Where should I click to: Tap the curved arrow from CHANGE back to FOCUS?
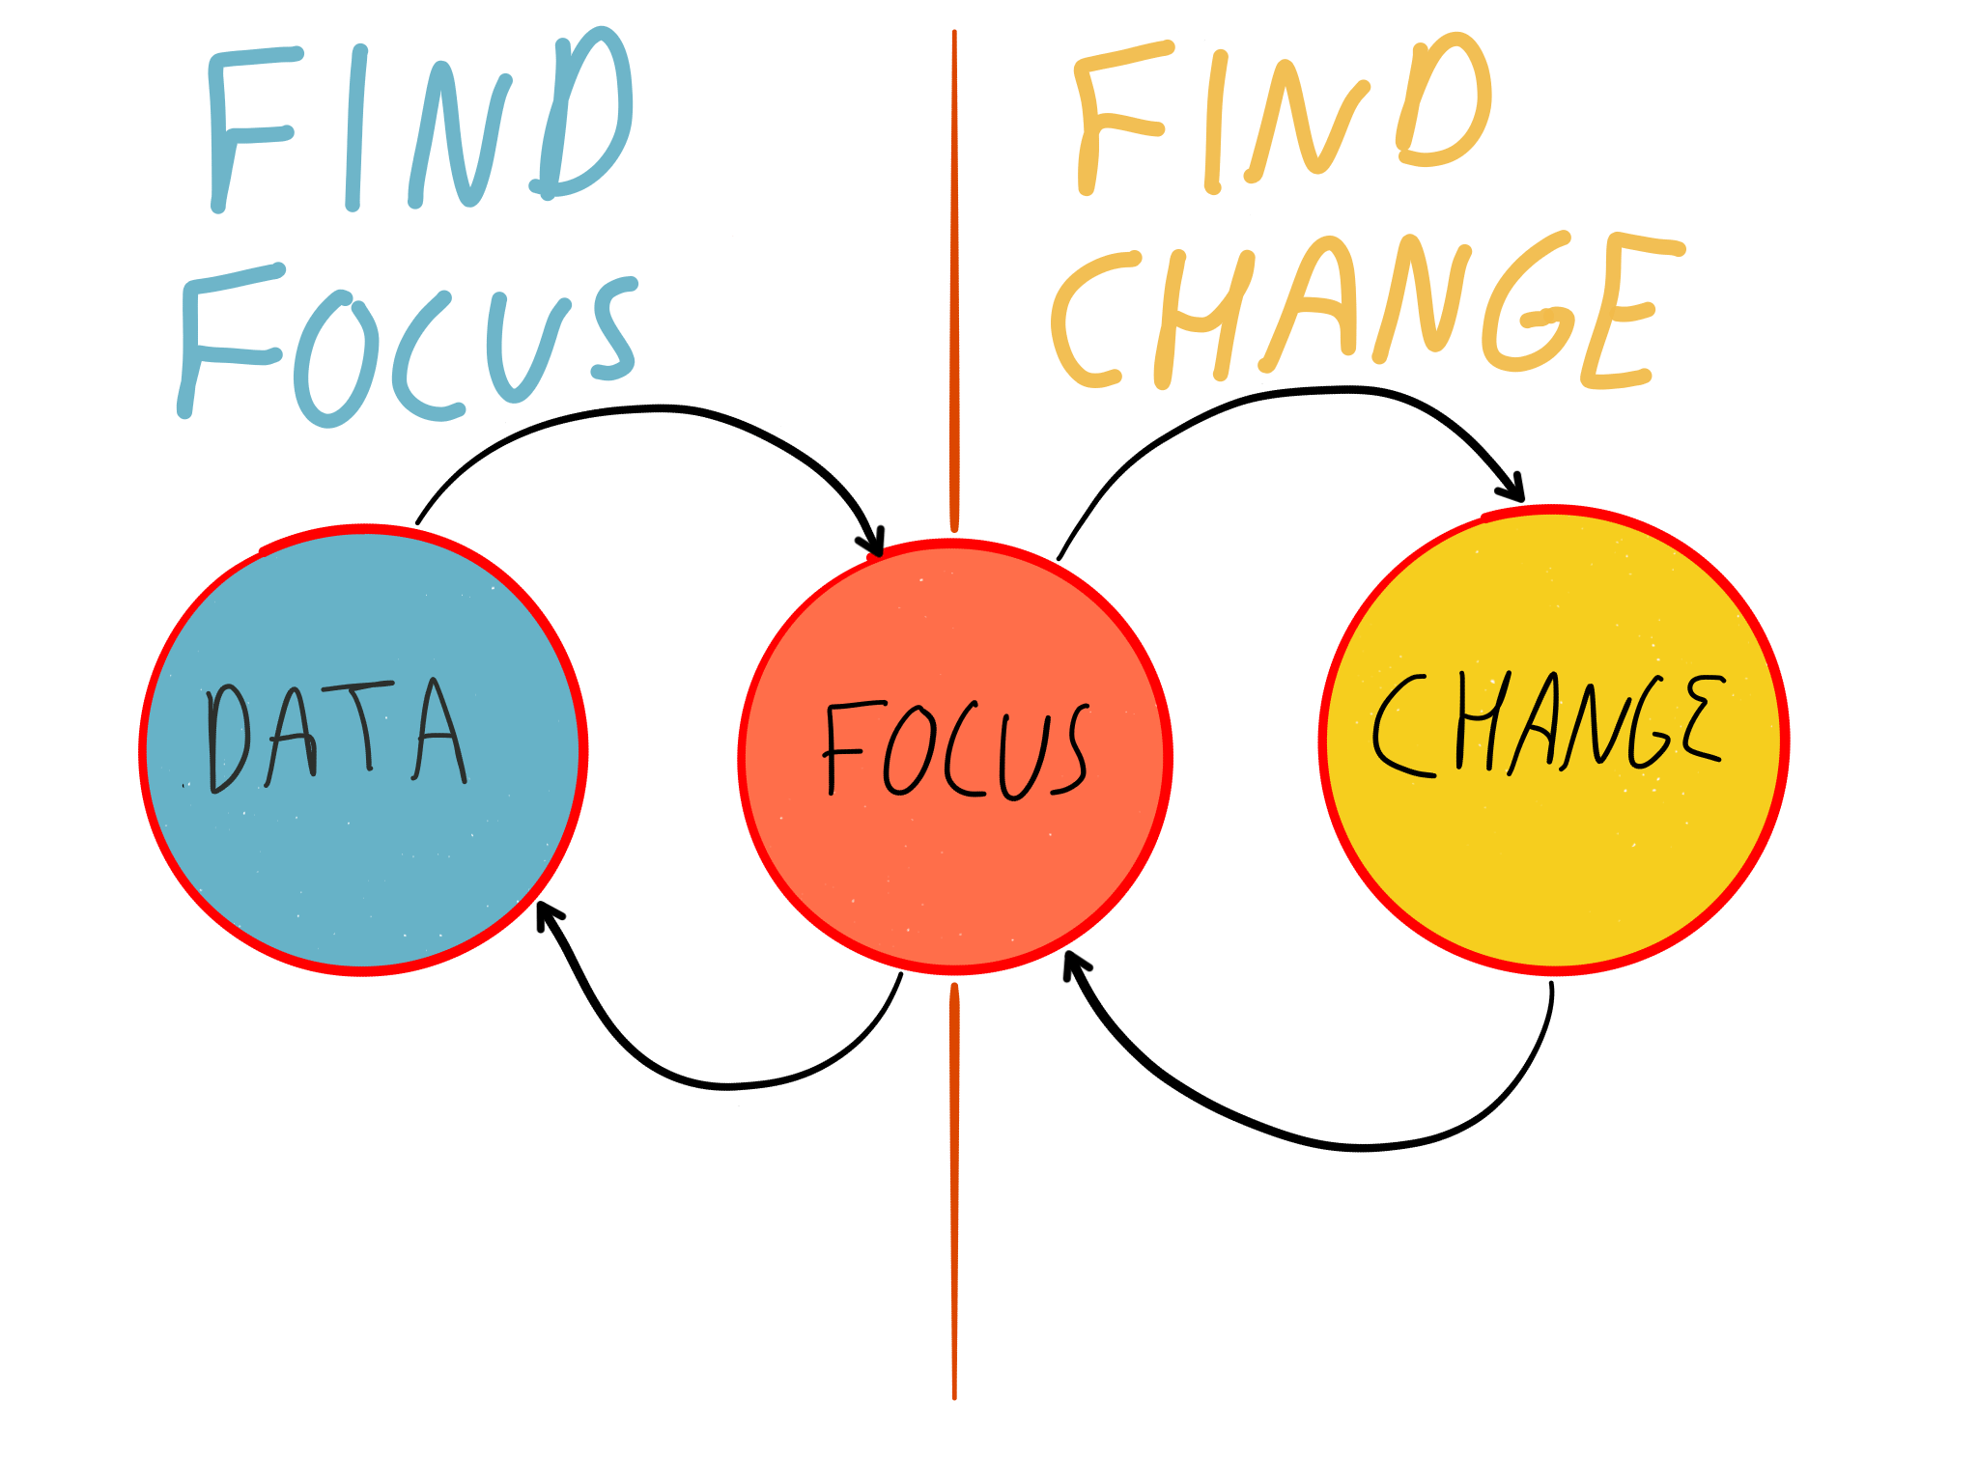[1352, 1147]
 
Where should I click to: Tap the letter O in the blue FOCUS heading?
[333, 362]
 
